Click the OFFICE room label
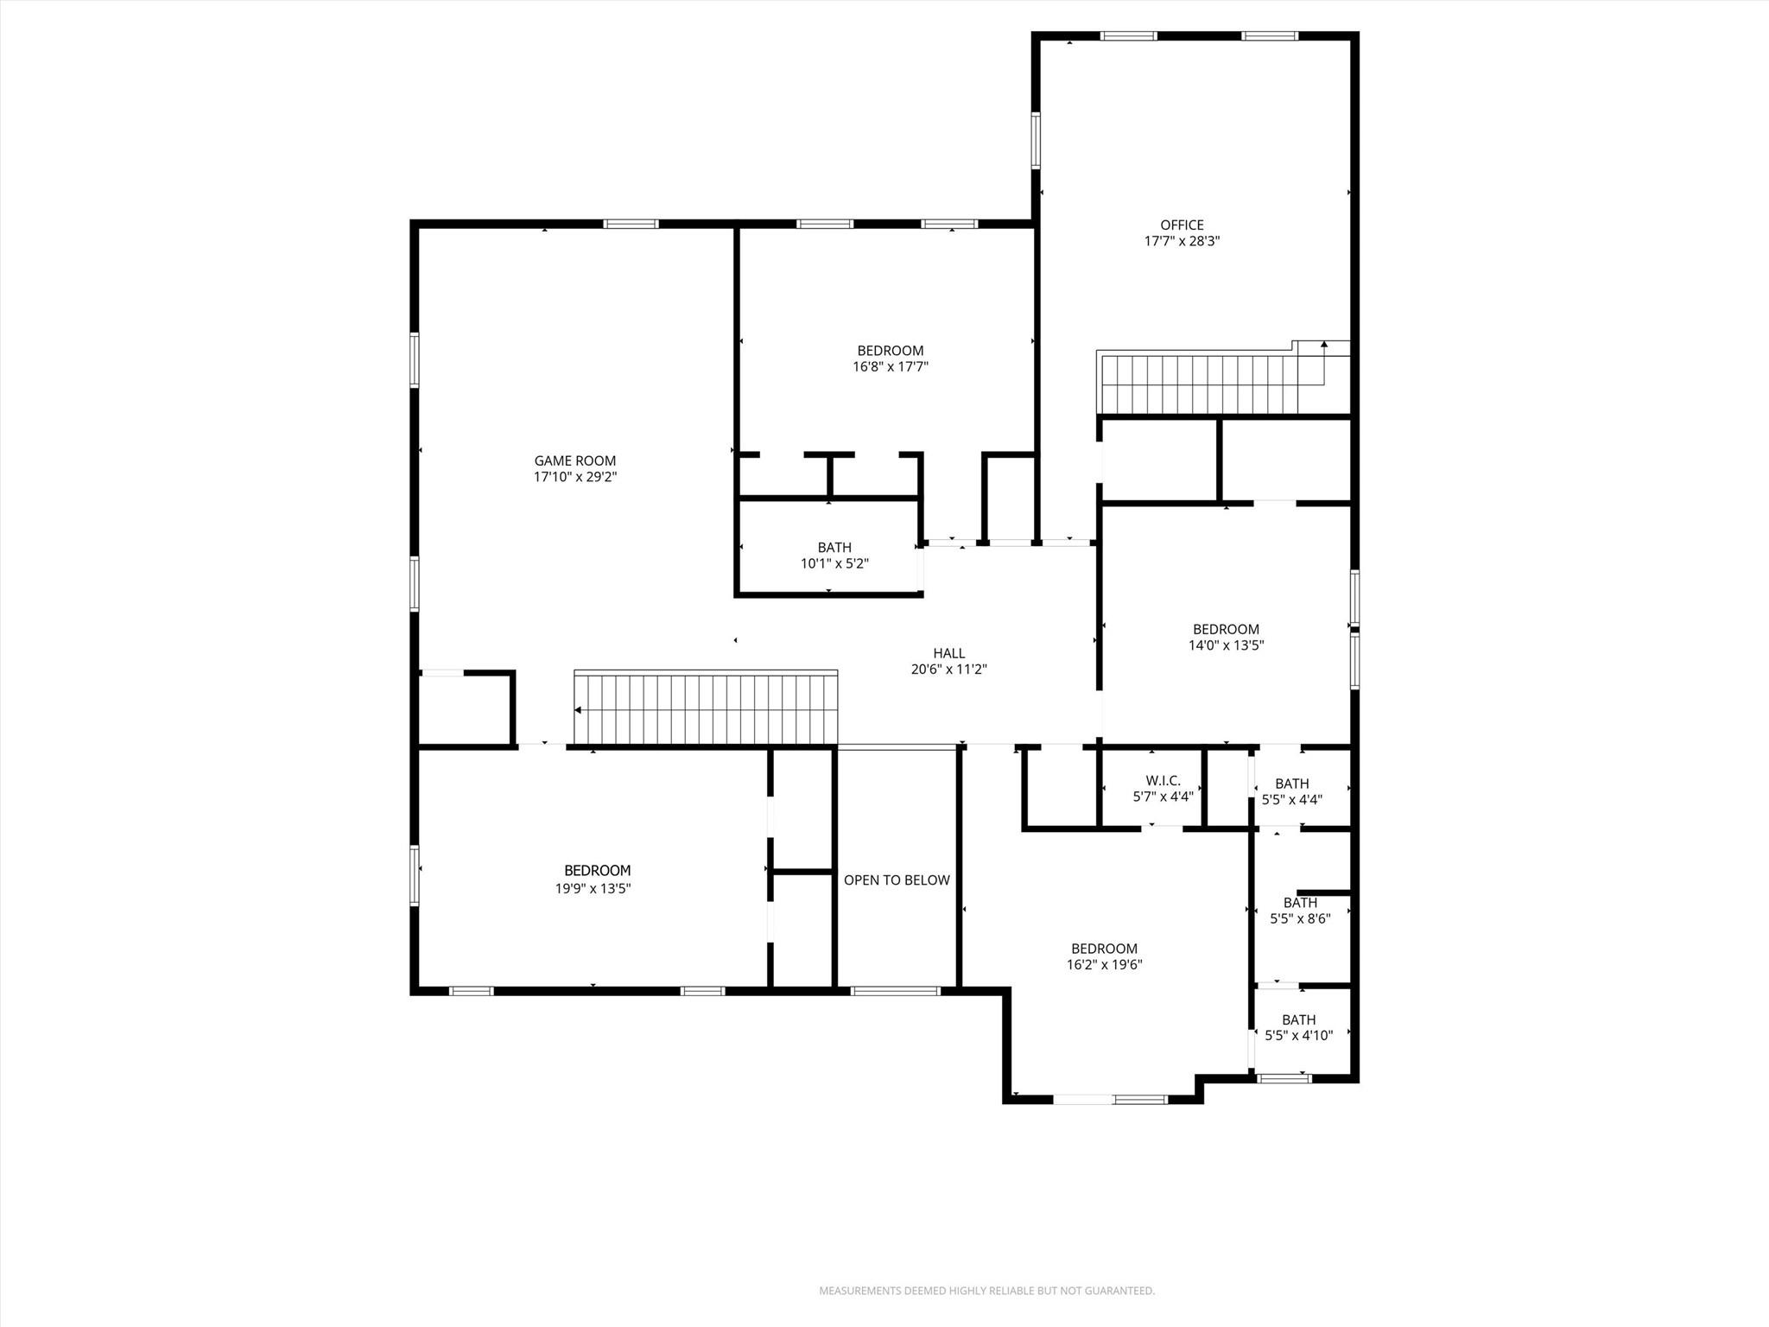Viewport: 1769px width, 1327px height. pos(1181,225)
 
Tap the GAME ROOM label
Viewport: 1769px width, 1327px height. pos(574,460)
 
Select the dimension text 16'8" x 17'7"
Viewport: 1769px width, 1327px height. pos(890,366)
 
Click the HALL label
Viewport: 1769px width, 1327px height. pos(948,653)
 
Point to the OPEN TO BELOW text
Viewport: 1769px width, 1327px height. pos(897,879)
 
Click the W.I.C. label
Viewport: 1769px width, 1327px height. pos(1163,780)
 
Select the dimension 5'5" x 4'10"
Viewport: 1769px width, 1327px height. pos(1298,1035)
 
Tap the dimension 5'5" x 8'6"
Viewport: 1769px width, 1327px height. pos(1299,918)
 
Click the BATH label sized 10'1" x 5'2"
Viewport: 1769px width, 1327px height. pos(834,547)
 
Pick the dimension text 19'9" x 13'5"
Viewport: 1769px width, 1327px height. pos(593,887)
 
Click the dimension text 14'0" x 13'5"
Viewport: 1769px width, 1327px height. pos(1226,644)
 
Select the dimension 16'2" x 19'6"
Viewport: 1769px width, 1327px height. pos(1104,964)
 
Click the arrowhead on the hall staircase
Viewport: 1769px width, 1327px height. pos(578,710)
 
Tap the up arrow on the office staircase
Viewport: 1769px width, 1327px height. pos(1324,345)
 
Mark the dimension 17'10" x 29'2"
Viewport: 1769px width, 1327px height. pos(574,476)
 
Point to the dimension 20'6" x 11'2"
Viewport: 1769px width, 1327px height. pos(948,669)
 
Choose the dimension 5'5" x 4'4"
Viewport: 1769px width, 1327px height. pos(1291,800)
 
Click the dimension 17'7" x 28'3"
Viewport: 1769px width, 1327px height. pos(1181,241)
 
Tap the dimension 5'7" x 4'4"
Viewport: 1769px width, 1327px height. pos(1163,797)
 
